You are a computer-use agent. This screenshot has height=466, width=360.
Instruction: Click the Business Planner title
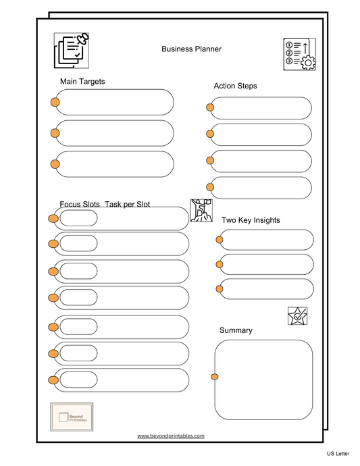coord(191,49)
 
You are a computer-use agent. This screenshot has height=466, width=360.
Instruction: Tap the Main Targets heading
coord(82,82)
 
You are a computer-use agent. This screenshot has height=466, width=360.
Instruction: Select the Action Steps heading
coord(235,86)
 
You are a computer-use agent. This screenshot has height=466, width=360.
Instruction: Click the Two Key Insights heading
coord(251,220)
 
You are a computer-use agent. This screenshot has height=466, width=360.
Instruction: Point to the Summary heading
coord(236,330)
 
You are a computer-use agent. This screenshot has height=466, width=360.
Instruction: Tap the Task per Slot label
coord(127,204)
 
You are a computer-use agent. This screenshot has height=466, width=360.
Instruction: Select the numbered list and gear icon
coord(299,54)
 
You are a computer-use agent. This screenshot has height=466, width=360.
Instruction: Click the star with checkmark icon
coord(297,316)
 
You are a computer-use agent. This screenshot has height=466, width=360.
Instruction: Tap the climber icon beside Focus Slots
coord(201,210)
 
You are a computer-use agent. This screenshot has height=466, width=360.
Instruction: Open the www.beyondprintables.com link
coord(170,436)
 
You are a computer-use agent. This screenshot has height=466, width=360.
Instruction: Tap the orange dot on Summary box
coord(215,376)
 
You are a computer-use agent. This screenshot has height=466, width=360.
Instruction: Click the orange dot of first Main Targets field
coord(55,103)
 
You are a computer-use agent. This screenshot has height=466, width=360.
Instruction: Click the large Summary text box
coord(264,380)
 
